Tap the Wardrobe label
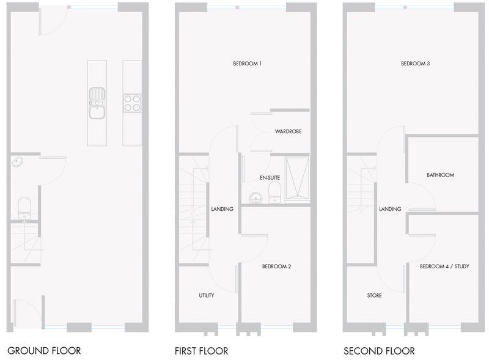click(288, 131)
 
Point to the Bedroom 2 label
click(276, 266)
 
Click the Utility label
click(206, 295)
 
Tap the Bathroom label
click(440, 175)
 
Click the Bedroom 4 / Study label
click(444, 266)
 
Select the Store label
click(374, 295)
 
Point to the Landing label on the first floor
click(222, 209)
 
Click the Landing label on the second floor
click(390, 209)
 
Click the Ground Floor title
click(44, 351)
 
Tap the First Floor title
click(201, 351)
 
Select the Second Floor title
click(379, 351)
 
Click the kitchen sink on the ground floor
click(97, 103)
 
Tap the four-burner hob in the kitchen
click(132, 102)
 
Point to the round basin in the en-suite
click(255, 197)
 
